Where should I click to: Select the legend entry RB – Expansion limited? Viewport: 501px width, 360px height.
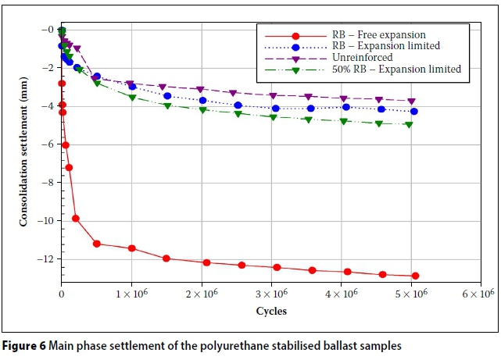[x=379, y=47]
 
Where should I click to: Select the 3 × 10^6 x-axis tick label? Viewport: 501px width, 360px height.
[x=274, y=294]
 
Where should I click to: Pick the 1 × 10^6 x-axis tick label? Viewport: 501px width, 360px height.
[x=134, y=294]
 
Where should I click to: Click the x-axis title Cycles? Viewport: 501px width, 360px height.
[x=271, y=311]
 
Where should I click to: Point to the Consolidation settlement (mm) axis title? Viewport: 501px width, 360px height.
[x=24, y=157]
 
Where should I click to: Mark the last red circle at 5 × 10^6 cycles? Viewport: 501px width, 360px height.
[x=415, y=276]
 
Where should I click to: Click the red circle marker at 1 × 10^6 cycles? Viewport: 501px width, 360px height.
[x=131, y=248]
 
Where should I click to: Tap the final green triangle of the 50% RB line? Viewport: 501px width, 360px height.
[x=408, y=124]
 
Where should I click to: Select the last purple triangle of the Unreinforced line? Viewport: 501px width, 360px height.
[x=412, y=101]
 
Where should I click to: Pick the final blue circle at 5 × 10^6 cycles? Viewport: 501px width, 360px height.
[x=413, y=112]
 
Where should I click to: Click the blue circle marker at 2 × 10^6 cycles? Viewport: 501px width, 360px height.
[x=202, y=100]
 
